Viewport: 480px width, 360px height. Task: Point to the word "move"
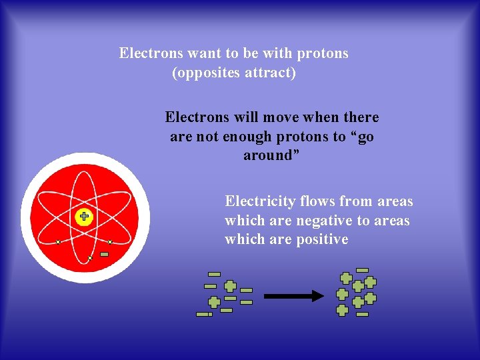284,117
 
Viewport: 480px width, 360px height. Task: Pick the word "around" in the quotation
268,155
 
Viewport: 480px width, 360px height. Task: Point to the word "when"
323,117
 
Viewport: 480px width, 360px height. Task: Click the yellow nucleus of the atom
84,216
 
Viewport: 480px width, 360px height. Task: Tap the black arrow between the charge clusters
293,296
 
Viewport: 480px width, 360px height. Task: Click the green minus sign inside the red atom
104,254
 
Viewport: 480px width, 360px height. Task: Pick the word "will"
246,117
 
